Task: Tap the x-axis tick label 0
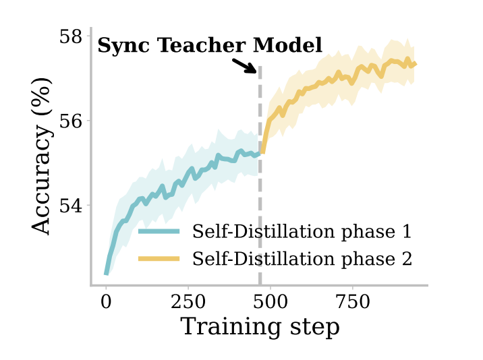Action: [106, 301]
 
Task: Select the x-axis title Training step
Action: [260, 327]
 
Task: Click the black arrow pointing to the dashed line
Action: [244, 65]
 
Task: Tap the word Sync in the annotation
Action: [124, 46]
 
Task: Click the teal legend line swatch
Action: [159, 232]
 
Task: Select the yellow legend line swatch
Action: [159, 258]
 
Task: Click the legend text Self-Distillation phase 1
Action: [302, 232]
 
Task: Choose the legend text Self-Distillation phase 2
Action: [302, 258]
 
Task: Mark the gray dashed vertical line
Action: [260, 202]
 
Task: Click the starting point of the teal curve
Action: [106, 274]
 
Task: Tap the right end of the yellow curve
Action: [416, 65]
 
